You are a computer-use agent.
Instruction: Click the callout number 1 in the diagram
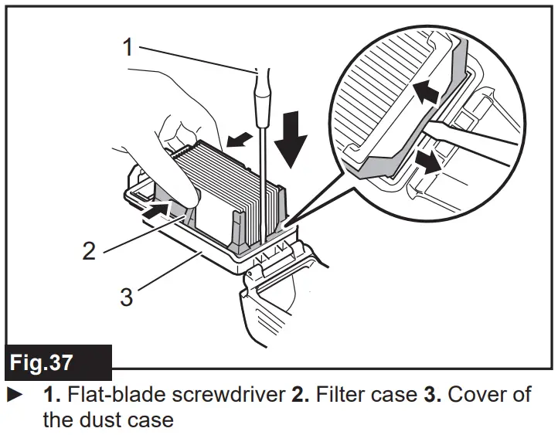(x=128, y=47)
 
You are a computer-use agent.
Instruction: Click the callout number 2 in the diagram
(x=90, y=250)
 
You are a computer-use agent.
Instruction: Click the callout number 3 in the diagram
(x=126, y=297)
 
